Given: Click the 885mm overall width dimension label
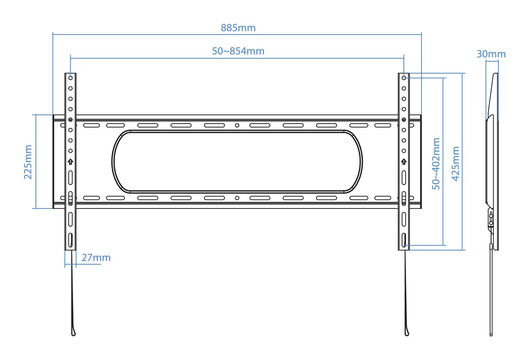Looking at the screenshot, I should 238,28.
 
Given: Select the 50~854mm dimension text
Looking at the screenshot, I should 238,51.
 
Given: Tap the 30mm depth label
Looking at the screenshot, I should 491,54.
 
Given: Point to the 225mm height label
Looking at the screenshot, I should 28,162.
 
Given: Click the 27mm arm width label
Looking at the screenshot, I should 96,258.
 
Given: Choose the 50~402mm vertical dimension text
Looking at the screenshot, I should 436,164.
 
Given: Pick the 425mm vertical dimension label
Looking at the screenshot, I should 456,164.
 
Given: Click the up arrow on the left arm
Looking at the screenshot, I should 70,162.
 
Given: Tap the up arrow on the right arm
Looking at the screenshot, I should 404,162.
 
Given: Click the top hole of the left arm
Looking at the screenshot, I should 70,78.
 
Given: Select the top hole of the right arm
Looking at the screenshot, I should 404,78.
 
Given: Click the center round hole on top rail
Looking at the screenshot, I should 237,125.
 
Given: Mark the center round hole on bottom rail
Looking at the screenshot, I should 237,198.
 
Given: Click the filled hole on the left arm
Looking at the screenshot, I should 70,120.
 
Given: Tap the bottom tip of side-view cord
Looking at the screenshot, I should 491,335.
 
